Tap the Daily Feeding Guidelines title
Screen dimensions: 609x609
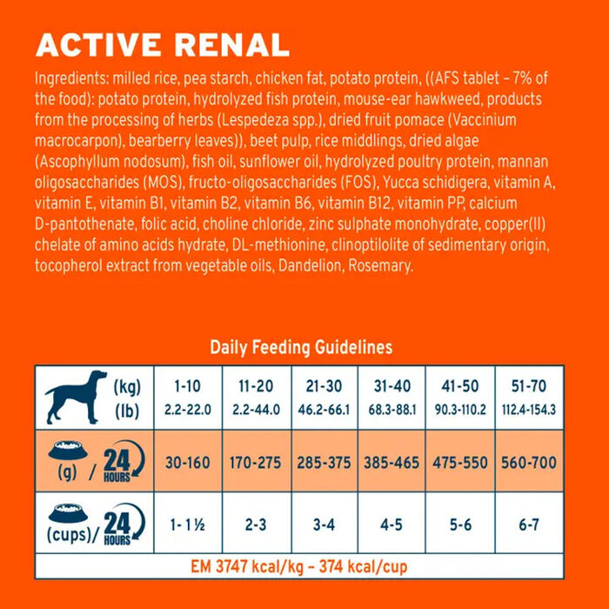(x=301, y=347)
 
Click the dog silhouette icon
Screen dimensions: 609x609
(x=76, y=398)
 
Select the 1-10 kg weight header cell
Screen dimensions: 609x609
(x=188, y=397)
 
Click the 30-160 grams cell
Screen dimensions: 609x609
(x=188, y=462)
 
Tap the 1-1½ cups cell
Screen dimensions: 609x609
(x=188, y=526)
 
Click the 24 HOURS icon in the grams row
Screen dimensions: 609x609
(x=117, y=462)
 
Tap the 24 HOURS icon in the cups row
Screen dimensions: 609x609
(x=117, y=526)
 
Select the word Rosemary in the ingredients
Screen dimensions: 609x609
(x=378, y=266)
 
